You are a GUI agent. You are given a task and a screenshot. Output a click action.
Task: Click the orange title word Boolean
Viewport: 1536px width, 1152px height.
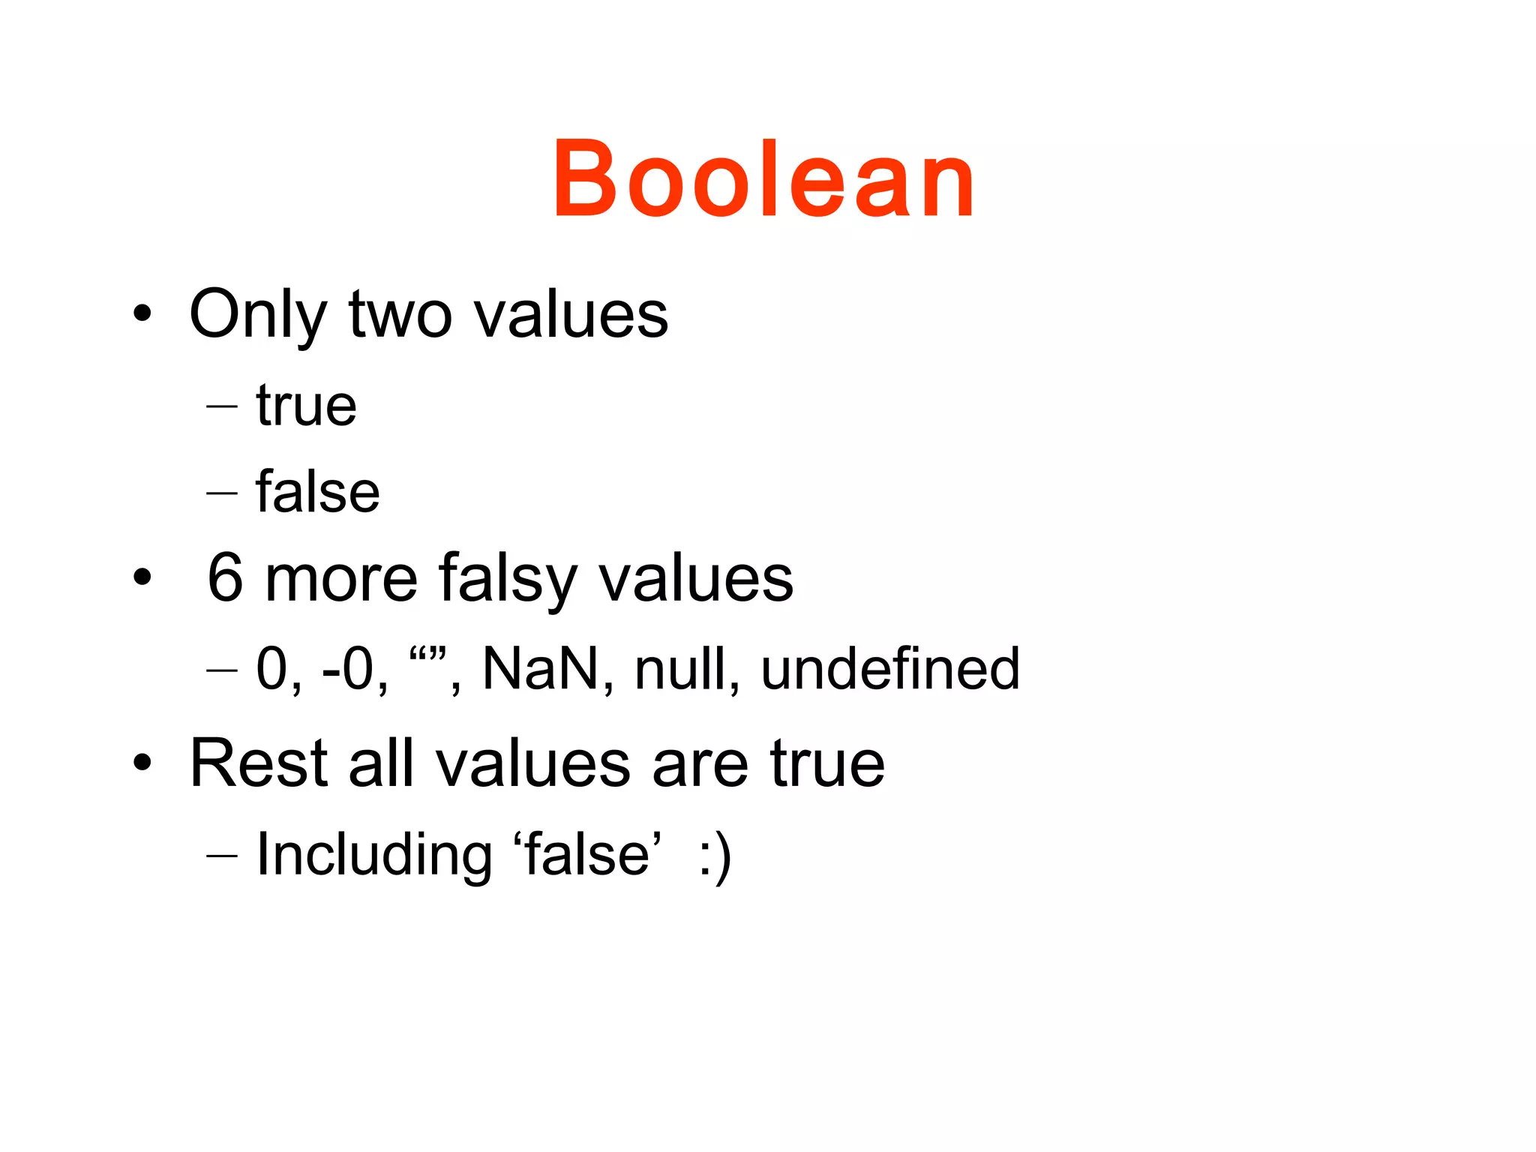(x=763, y=180)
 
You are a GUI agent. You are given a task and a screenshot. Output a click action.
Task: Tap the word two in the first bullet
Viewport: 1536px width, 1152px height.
(x=400, y=315)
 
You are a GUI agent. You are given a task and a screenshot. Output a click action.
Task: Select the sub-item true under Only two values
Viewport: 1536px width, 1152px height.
(x=306, y=406)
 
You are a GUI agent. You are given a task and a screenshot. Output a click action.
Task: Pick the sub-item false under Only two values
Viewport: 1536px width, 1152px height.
(x=317, y=492)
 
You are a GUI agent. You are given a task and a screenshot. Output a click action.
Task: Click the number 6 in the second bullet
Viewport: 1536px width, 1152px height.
(x=225, y=578)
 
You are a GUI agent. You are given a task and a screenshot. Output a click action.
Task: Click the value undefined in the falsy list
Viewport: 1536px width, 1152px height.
(x=890, y=668)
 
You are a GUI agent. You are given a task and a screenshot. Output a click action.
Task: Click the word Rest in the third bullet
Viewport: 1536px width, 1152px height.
(x=259, y=763)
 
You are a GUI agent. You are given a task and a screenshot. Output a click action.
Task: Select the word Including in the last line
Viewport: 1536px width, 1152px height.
(x=374, y=855)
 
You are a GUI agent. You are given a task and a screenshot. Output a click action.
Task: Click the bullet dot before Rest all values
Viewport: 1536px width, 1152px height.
(x=142, y=764)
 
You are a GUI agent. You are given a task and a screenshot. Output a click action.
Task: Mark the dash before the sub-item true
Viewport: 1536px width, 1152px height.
(x=222, y=407)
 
